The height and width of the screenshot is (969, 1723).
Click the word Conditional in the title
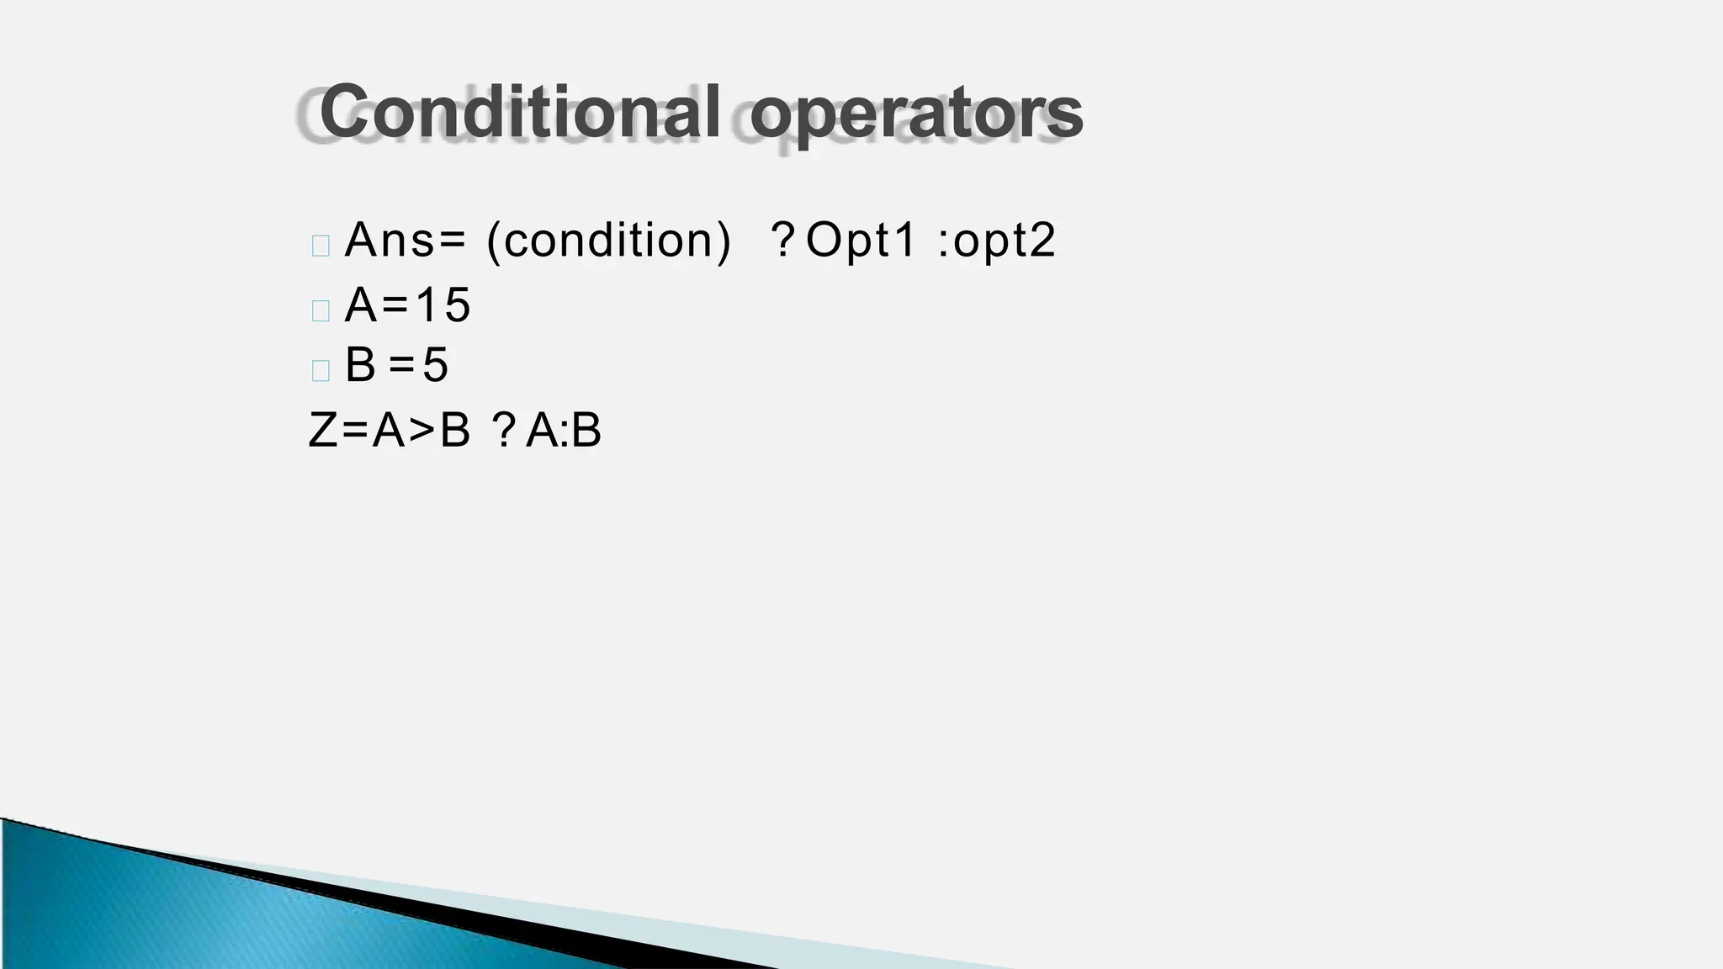(x=519, y=112)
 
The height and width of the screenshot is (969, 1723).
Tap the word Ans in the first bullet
(x=389, y=240)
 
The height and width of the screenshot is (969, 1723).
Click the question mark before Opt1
(x=782, y=240)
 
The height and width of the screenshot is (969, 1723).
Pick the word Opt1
(x=860, y=240)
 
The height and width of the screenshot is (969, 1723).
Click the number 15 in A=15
(x=443, y=304)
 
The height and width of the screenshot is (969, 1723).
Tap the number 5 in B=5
(x=435, y=365)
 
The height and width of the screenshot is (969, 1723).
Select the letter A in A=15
(x=361, y=304)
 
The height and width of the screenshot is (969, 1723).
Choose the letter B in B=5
(x=360, y=365)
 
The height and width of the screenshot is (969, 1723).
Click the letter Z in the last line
(x=323, y=430)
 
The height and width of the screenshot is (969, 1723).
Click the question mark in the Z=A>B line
(x=504, y=430)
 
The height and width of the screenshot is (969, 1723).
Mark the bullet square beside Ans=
(x=321, y=246)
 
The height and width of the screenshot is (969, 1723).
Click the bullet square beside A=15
(x=321, y=310)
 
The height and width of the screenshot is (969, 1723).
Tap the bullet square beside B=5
(x=321, y=370)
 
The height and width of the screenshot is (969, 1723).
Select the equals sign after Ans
(x=451, y=241)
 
